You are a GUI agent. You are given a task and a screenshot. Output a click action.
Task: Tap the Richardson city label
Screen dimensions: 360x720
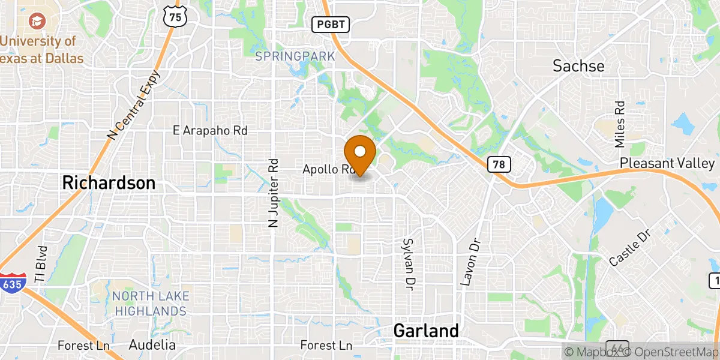[109, 183]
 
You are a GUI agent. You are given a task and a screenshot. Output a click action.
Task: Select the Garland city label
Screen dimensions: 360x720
[426, 331]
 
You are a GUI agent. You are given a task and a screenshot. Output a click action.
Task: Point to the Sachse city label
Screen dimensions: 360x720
[578, 65]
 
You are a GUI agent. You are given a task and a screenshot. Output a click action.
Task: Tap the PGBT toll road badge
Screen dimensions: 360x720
[330, 24]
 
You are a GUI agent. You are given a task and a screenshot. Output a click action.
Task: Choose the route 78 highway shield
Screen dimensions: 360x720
[500, 164]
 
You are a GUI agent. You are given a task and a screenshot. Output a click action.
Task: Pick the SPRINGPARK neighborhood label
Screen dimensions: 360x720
[295, 56]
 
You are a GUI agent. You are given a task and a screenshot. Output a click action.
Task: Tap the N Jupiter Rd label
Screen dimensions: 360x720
[274, 193]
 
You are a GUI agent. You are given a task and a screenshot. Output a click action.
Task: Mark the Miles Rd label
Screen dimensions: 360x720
[620, 124]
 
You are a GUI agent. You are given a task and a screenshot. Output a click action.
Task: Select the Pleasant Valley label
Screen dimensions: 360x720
[667, 163]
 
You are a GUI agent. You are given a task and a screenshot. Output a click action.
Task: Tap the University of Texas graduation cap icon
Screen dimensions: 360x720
[34, 22]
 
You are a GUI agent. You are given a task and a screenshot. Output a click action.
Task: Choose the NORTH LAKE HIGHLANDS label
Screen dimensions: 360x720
[150, 304]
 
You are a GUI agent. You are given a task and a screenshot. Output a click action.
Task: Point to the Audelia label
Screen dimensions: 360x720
[152, 345]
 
